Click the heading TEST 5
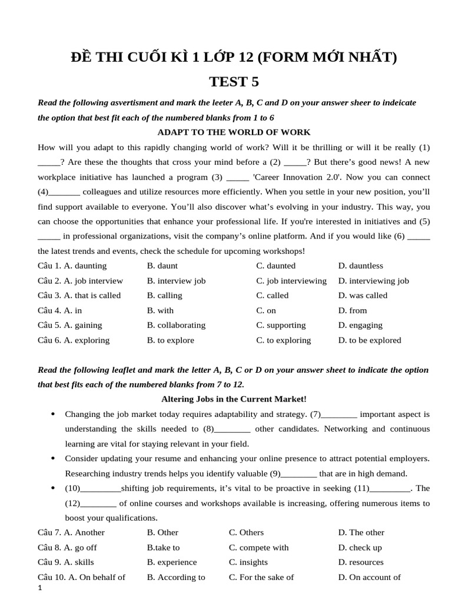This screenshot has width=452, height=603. pyautogui.click(x=234, y=81)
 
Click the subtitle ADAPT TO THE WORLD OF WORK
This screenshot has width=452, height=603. pyautogui.click(x=234, y=132)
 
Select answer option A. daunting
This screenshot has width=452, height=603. pyautogui.click(x=85, y=266)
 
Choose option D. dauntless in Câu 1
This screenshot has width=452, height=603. pyautogui.click(x=360, y=266)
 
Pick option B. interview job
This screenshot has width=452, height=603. pyautogui.click(x=176, y=281)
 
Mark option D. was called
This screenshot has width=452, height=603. pyautogui.click(x=363, y=296)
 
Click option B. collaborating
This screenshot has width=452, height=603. pyautogui.click(x=176, y=325)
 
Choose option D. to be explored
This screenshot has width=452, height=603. pyautogui.click(x=370, y=340)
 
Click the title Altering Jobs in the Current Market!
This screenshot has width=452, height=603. pyautogui.click(x=234, y=399)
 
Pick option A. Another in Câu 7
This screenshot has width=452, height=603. pyautogui.click(x=84, y=532)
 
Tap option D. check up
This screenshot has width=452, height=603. pyautogui.click(x=360, y=548)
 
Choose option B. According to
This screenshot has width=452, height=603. pyautogui.click(x=176, y=577)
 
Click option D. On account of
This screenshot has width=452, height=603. pyautogui.click(x=369, y=577)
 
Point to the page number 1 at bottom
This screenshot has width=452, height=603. pyautogui.click(x=39, y=589)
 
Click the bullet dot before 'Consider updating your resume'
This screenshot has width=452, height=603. pyautogui.click(x=53, y=458)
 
